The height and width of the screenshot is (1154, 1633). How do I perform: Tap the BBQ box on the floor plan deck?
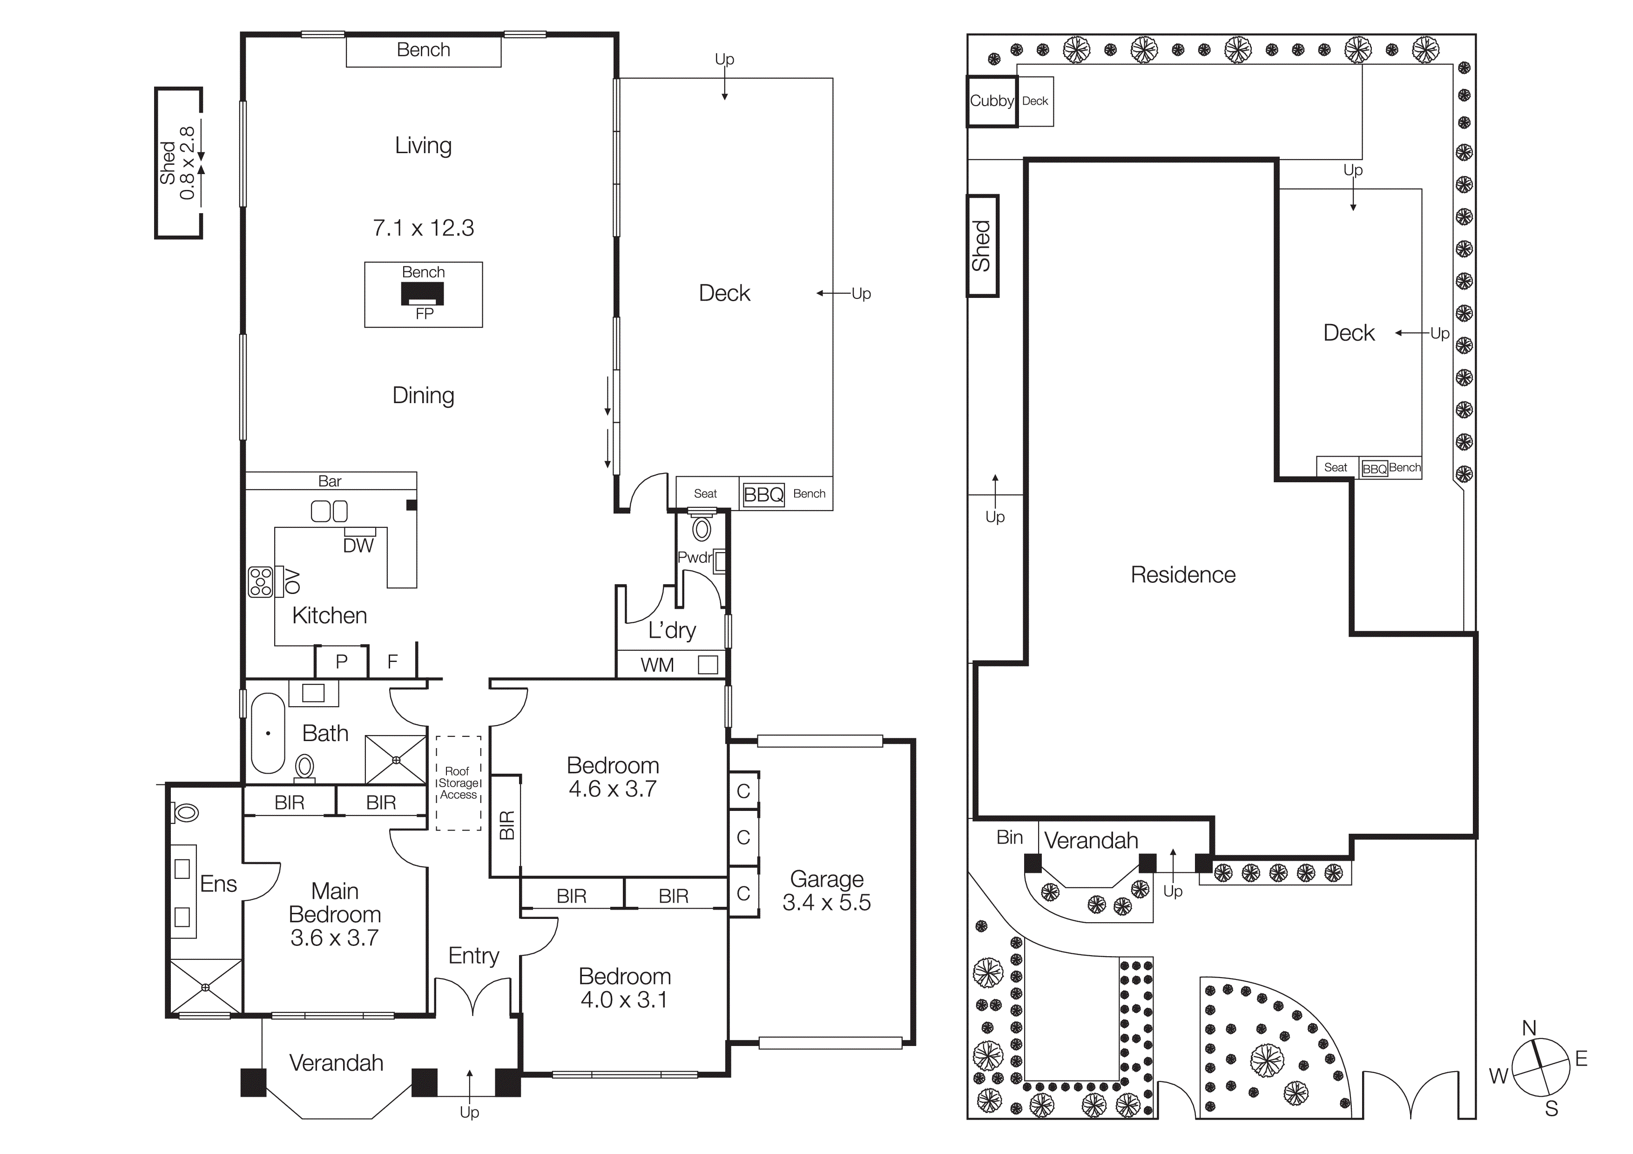tap(763, 494)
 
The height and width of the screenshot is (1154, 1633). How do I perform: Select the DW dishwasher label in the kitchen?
tap(358, 546)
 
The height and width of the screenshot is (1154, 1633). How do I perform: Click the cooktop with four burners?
tap(260, 581)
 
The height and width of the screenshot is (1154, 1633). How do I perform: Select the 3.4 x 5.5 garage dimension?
tap(826, 902)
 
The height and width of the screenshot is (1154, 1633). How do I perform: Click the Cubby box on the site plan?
tap(992, 101)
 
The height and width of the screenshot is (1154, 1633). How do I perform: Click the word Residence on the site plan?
tap(1183, 574)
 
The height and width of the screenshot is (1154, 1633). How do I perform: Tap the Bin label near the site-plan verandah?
tap(1009, 837)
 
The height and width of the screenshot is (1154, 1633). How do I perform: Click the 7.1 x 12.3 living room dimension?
tap(423, 228)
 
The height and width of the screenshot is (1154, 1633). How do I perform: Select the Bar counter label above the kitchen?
tap(329, 481)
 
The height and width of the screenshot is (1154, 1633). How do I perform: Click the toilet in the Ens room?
tap(186, 812)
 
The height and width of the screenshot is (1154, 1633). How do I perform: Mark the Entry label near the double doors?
tap(474, 955)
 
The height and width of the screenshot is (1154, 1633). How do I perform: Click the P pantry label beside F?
tap(341, 661)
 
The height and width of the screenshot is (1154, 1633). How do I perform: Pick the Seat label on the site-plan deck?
tap(1335, 467)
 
